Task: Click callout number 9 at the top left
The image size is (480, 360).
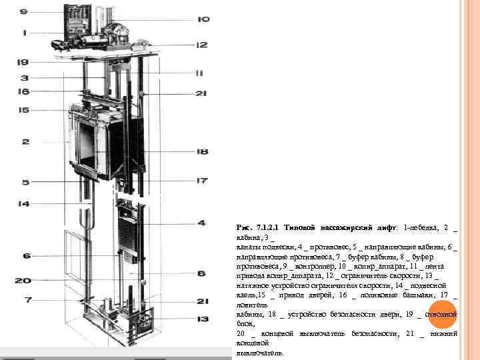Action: (23, 11)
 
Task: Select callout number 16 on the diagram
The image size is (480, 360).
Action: (24, 91)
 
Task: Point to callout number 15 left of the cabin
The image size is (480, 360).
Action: (24, 109)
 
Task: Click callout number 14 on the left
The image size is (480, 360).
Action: (24, 204)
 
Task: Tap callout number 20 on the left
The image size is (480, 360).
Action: (23, 281)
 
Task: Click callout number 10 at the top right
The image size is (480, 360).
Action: (203, 19)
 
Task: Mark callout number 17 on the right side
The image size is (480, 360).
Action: (202, 181)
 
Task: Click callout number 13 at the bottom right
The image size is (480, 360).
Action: (202, 319)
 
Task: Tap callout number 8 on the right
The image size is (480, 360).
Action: (202, 273)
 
